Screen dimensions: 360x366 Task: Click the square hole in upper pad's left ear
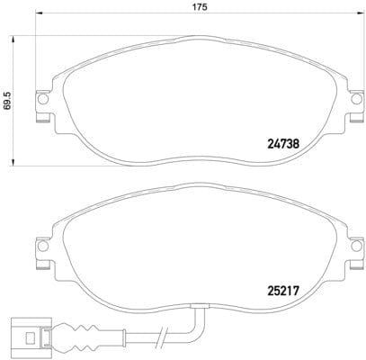41,101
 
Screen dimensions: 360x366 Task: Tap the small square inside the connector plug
29,340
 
